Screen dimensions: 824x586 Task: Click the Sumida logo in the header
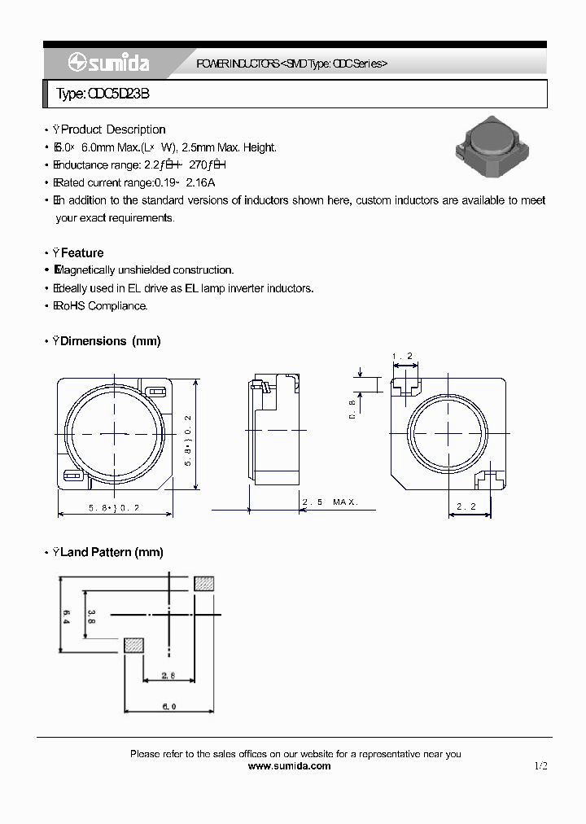105,64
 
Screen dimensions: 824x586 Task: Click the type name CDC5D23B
103,94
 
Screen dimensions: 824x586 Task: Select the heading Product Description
113,129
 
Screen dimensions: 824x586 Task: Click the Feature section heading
82,253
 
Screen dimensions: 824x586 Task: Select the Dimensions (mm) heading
111,341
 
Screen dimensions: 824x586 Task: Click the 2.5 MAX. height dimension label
330,502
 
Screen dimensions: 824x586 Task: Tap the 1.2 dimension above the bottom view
403,357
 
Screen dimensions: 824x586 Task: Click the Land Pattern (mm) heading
112,552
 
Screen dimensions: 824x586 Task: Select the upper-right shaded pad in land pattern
205,583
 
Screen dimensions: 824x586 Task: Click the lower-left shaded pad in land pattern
133,645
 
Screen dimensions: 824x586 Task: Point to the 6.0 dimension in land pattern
168,707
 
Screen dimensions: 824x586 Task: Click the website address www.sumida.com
289,766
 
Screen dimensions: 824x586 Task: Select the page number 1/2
541,766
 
